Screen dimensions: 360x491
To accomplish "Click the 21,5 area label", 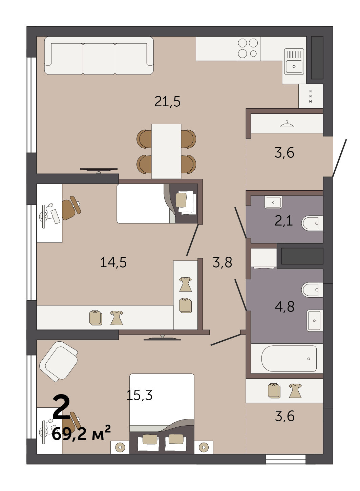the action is [168, 102].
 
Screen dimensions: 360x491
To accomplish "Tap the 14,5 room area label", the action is [113, 262].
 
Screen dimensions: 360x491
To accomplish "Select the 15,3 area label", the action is [140, 395].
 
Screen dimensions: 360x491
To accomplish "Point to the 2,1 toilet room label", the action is [284, 221].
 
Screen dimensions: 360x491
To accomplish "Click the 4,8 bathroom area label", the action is [284, 306].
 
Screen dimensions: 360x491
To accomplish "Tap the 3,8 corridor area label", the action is [222, 262].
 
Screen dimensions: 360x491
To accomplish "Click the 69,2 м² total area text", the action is [81, 434].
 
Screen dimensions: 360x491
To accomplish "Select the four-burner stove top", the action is [248, 48].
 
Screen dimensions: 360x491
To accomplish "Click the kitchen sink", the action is [294, 61].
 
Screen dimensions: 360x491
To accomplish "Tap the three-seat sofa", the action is [99, 56].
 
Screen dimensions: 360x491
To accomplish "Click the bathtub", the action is [289, 358].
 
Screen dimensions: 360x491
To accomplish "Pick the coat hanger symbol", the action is [287, 124].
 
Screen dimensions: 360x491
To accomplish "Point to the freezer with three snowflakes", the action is [311, 96].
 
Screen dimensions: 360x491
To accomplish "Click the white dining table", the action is [166, 151].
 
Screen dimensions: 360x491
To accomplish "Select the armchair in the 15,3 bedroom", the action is [59, 362].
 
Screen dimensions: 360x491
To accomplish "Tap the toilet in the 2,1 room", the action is [312, 223].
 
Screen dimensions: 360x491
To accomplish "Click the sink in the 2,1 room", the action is [273, 202].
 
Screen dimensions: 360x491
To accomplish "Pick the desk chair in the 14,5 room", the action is [71, 208].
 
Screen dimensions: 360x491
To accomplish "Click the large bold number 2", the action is [62, 407].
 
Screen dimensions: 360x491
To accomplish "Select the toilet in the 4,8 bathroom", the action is [312, 290].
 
